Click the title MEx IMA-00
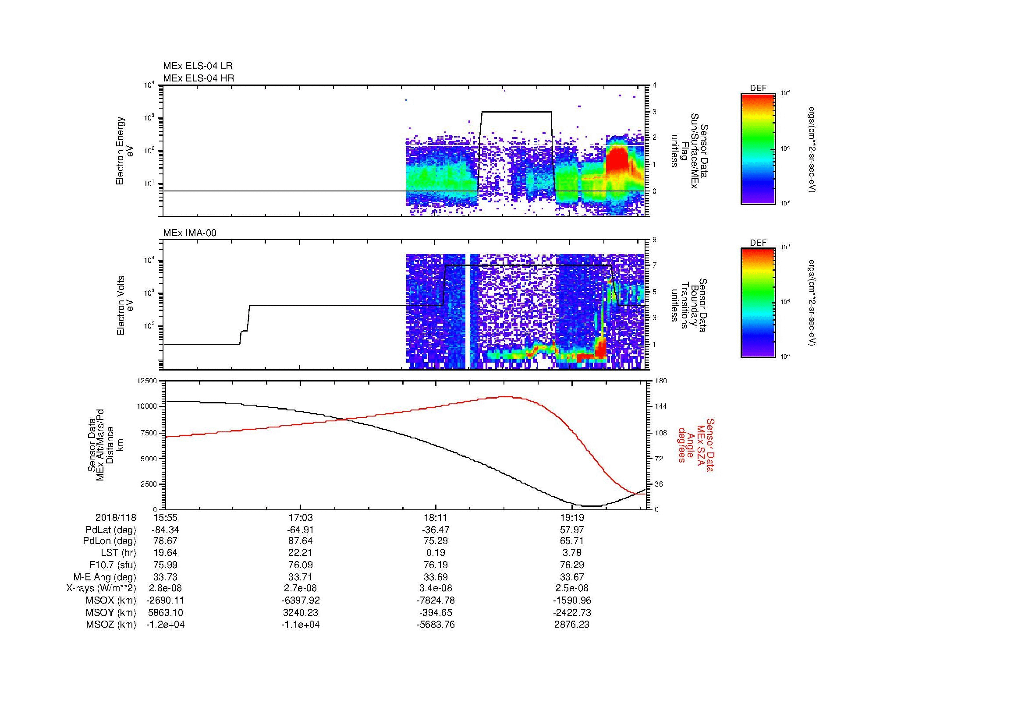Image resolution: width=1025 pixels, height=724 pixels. [190, 233]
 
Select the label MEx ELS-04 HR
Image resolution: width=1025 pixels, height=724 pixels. [199, 78]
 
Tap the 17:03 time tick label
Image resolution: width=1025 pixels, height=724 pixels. [301, 517]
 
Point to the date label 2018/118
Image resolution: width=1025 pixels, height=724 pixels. [116, 517]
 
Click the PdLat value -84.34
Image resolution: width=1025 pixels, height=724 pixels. [165, 530]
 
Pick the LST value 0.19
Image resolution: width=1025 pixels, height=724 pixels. [436, 552]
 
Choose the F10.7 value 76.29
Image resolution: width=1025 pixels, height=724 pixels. [572, 565]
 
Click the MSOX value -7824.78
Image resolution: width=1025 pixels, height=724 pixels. [436, 600]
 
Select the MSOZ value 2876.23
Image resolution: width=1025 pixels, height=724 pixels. [572, 625]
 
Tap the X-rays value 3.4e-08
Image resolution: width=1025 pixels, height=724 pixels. [436, 588]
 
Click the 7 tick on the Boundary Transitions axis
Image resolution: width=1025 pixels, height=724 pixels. [654, 265]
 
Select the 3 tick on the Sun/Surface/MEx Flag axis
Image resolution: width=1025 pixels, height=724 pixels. [654, 112]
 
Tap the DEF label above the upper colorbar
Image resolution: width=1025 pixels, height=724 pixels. [758, 88]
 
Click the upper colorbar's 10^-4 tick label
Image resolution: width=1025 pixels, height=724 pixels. [785, 93]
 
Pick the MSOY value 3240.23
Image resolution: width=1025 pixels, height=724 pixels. [301, 612]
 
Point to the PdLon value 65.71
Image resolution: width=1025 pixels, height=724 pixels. [572, 540]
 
